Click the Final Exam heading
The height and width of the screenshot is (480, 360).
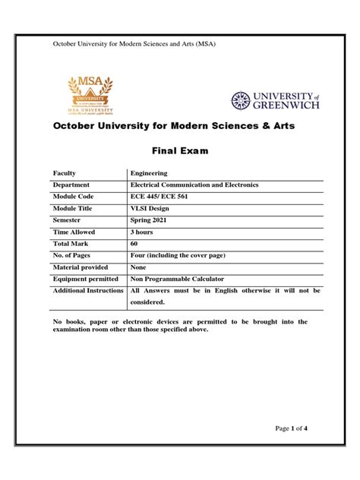180,151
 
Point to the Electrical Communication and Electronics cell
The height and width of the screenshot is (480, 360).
194,185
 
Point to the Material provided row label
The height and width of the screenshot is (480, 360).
79,266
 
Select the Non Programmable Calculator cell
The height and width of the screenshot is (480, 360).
178,278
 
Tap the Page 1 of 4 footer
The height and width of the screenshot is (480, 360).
291,450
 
